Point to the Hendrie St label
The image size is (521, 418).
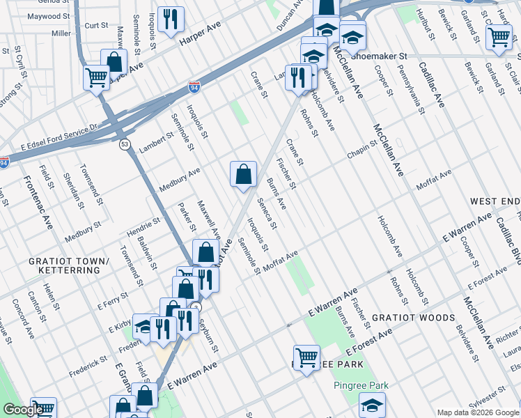click(143, 225)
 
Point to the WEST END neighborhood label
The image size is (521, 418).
click(495, 201)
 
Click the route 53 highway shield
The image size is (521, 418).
click(124, 144)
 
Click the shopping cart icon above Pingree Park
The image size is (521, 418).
click(306, 358)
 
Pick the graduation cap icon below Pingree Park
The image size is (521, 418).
click(372, 405)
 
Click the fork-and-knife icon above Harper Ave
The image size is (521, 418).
click(171, 20)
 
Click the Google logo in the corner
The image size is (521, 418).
click(22, 410)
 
